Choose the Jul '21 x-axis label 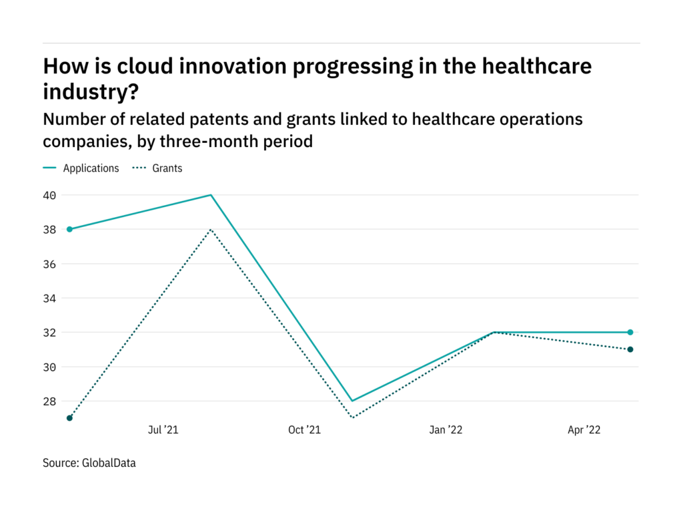[x=163, y=430]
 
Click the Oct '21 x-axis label [x=304, y=430]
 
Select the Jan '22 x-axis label [x=446, y=430]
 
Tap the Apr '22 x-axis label [x=584, y=430]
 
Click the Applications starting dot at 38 [x=69, y=229]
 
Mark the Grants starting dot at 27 [x=69, y=418]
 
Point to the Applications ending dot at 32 [x=630, y=332]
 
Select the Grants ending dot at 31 [x=630, y=349]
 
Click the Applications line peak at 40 [x=211, y=195]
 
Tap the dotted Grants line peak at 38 [x=211, y=229]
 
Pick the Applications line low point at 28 [x=352, y=401]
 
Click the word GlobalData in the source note [x=109, y=462]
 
